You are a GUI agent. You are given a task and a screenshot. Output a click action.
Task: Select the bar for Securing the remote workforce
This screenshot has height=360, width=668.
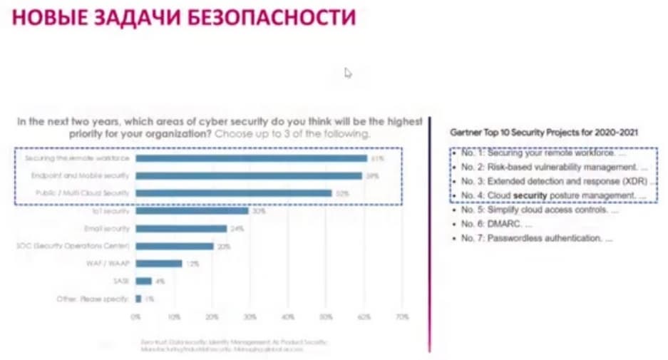[251, 158]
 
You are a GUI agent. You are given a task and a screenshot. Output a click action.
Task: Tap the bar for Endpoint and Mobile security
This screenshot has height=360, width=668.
[249, 175]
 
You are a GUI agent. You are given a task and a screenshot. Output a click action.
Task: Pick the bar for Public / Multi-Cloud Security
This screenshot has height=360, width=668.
[234, 193]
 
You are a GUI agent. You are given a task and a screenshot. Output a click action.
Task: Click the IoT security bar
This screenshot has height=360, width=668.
[192, 211]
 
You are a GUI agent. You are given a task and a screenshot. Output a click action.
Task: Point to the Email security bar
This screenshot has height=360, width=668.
[181, 229]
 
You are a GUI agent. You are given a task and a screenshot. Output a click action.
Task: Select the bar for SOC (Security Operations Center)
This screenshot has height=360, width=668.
[175, 246]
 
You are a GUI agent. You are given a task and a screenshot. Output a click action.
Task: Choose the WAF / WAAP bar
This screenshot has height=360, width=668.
[159, 264]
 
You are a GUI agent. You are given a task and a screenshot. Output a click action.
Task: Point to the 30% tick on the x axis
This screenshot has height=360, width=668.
[250, 316]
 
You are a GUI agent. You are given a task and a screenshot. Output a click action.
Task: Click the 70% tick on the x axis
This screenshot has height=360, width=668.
[401, 316]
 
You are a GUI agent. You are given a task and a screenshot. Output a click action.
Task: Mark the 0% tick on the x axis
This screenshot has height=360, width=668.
[135, 316]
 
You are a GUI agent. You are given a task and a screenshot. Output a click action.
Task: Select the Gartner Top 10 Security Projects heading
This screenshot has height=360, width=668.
[543, 133]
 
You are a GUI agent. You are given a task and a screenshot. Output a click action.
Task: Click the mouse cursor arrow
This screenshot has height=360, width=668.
[348, 72]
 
